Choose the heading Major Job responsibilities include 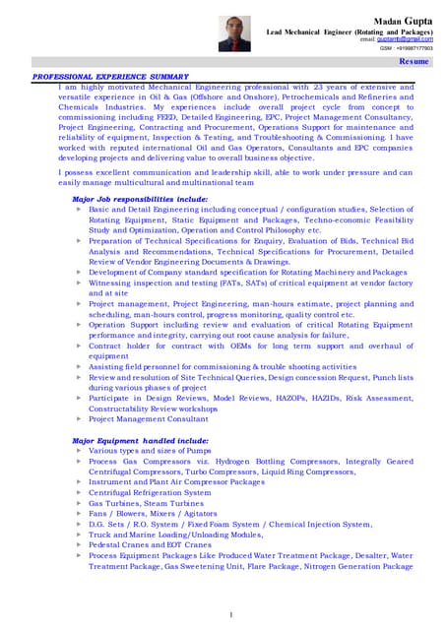[140, 199]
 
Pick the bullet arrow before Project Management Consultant [78, 418]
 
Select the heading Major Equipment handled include [140, 440]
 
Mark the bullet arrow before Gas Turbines [78, 503]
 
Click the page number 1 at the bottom [230, 615]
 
